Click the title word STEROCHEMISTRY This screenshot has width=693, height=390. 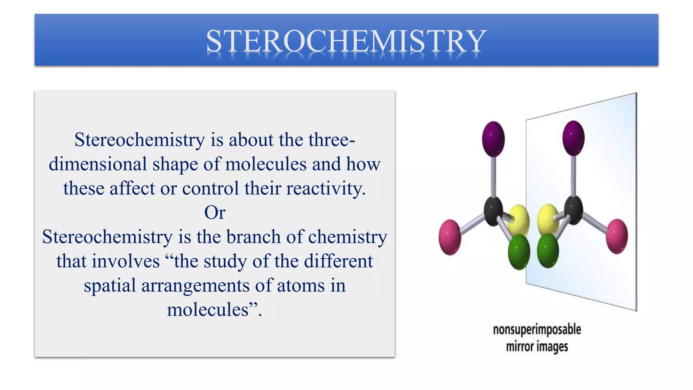tap(346, 41)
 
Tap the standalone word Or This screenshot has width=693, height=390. tap(215, 213)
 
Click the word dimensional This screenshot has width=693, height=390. tap(98, 164)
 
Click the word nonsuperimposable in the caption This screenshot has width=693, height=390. tap(537, 329)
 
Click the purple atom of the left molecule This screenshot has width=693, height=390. tap(493, 139)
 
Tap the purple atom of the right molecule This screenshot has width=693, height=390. tap(573, 138)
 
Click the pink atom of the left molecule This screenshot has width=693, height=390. tap(450, 237)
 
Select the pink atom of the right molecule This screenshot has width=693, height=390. tap(617, 236)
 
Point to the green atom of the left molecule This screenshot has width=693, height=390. tap(519, 252)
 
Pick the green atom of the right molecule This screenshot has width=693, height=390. tap(547, 251)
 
